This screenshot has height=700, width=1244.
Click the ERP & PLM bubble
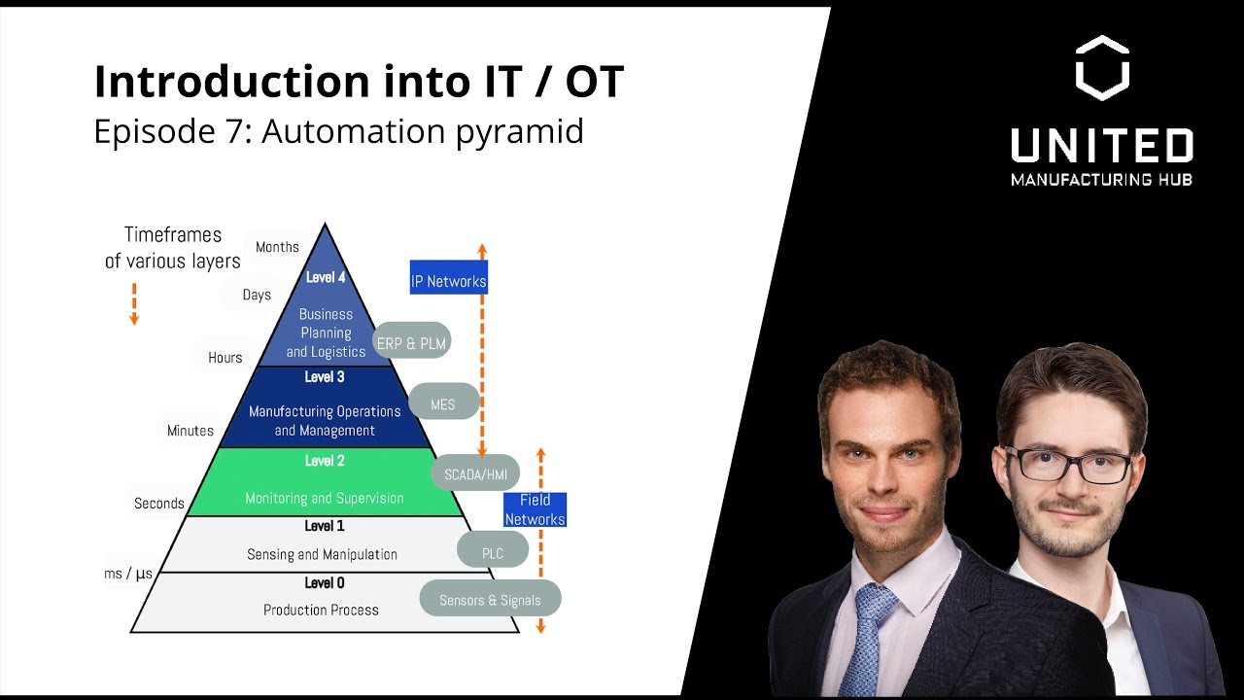[412, 342]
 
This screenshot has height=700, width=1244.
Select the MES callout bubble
[443, 403]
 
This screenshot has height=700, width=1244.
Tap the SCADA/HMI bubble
[475, 474]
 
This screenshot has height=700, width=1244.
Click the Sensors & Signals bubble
[490, 600]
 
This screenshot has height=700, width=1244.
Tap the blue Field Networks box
[535, 509]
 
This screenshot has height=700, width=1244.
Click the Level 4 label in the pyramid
[325, 277]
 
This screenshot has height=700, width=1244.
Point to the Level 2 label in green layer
[325, 461]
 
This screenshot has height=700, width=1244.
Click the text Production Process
[321, 611]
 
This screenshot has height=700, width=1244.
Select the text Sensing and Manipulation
[322, 554]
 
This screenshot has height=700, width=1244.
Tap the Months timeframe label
[277, 247]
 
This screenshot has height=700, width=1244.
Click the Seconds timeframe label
[159, 504]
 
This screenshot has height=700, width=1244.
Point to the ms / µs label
[128, 574]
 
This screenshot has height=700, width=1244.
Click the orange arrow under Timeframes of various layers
[134, 304]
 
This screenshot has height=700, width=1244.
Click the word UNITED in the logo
[1102, 146]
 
